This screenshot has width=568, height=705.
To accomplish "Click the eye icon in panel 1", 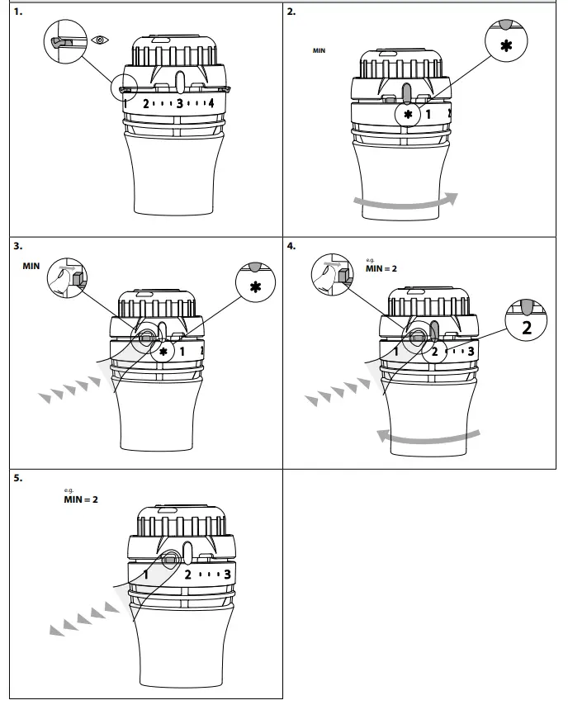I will [x=101, y=40].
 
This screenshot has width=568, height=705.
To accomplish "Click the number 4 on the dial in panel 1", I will [x=211, y=103].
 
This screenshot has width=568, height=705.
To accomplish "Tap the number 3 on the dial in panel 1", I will [x=178, y=104].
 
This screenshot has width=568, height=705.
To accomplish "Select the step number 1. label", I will [x=18, y=12].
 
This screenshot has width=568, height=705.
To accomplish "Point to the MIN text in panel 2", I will [x=319, y=51].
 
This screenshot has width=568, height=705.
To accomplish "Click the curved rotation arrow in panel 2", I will [x=405, y=202].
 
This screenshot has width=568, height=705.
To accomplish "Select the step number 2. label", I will [x=291, y=12].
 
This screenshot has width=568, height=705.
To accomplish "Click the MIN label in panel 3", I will [x=31, y=267].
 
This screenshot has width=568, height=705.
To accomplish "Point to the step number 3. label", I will [x=18, y=246].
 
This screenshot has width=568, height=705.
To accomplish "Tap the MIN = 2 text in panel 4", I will [x=382, y=268].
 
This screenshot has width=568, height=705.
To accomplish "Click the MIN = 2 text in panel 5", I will [x=81, y=499].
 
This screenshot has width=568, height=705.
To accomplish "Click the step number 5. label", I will [x=18, y=478].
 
